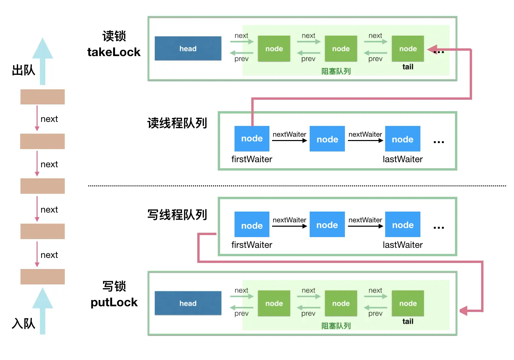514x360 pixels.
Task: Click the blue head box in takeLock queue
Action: pyautogui.click(x=188, y=49)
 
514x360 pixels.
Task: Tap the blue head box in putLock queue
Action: pyautogui.click(x=188, y=303)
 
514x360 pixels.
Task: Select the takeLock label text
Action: pyautogui.click(x=114, y=52)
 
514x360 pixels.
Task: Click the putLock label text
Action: pyautogui.click(x=114, y=302)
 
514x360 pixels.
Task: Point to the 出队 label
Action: pyautogui.click(x=23, y=71)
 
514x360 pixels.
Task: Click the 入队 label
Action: pyautogui.click(x=23, y=324)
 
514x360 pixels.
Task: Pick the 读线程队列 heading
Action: pyautogui.click(x=177, y=123)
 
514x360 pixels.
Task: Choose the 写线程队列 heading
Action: pyautogui.click(x=177, y=215)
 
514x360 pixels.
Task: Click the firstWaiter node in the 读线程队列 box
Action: pyautogui.click(x=252, y=139)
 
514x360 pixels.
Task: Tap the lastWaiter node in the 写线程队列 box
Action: pyautogui.click(x=403, y=225)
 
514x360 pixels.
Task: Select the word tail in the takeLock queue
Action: pyautogui.click(x=408, y=67)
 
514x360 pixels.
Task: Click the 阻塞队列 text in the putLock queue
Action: pyautogui.click(x=336, y=326)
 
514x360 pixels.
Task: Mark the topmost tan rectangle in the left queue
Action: pyautogui.click(x=43, y=97)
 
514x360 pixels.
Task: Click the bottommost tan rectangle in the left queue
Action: pyautogui.click(x=43, y=277)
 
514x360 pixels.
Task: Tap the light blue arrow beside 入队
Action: pyautogui.click(x=43, y=311)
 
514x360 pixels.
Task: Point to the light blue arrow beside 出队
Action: pyautogui.click(x=43, y=60)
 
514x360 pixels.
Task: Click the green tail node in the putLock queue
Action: pyautogui.click(x=408, y=303)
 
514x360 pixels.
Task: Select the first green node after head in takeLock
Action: pyautogui.click(x=274, y=49)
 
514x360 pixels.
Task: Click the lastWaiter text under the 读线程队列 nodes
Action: pyautogui.click(x=403, y=159)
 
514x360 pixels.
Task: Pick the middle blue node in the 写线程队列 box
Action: pyautogui.click(x=327, y=225)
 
